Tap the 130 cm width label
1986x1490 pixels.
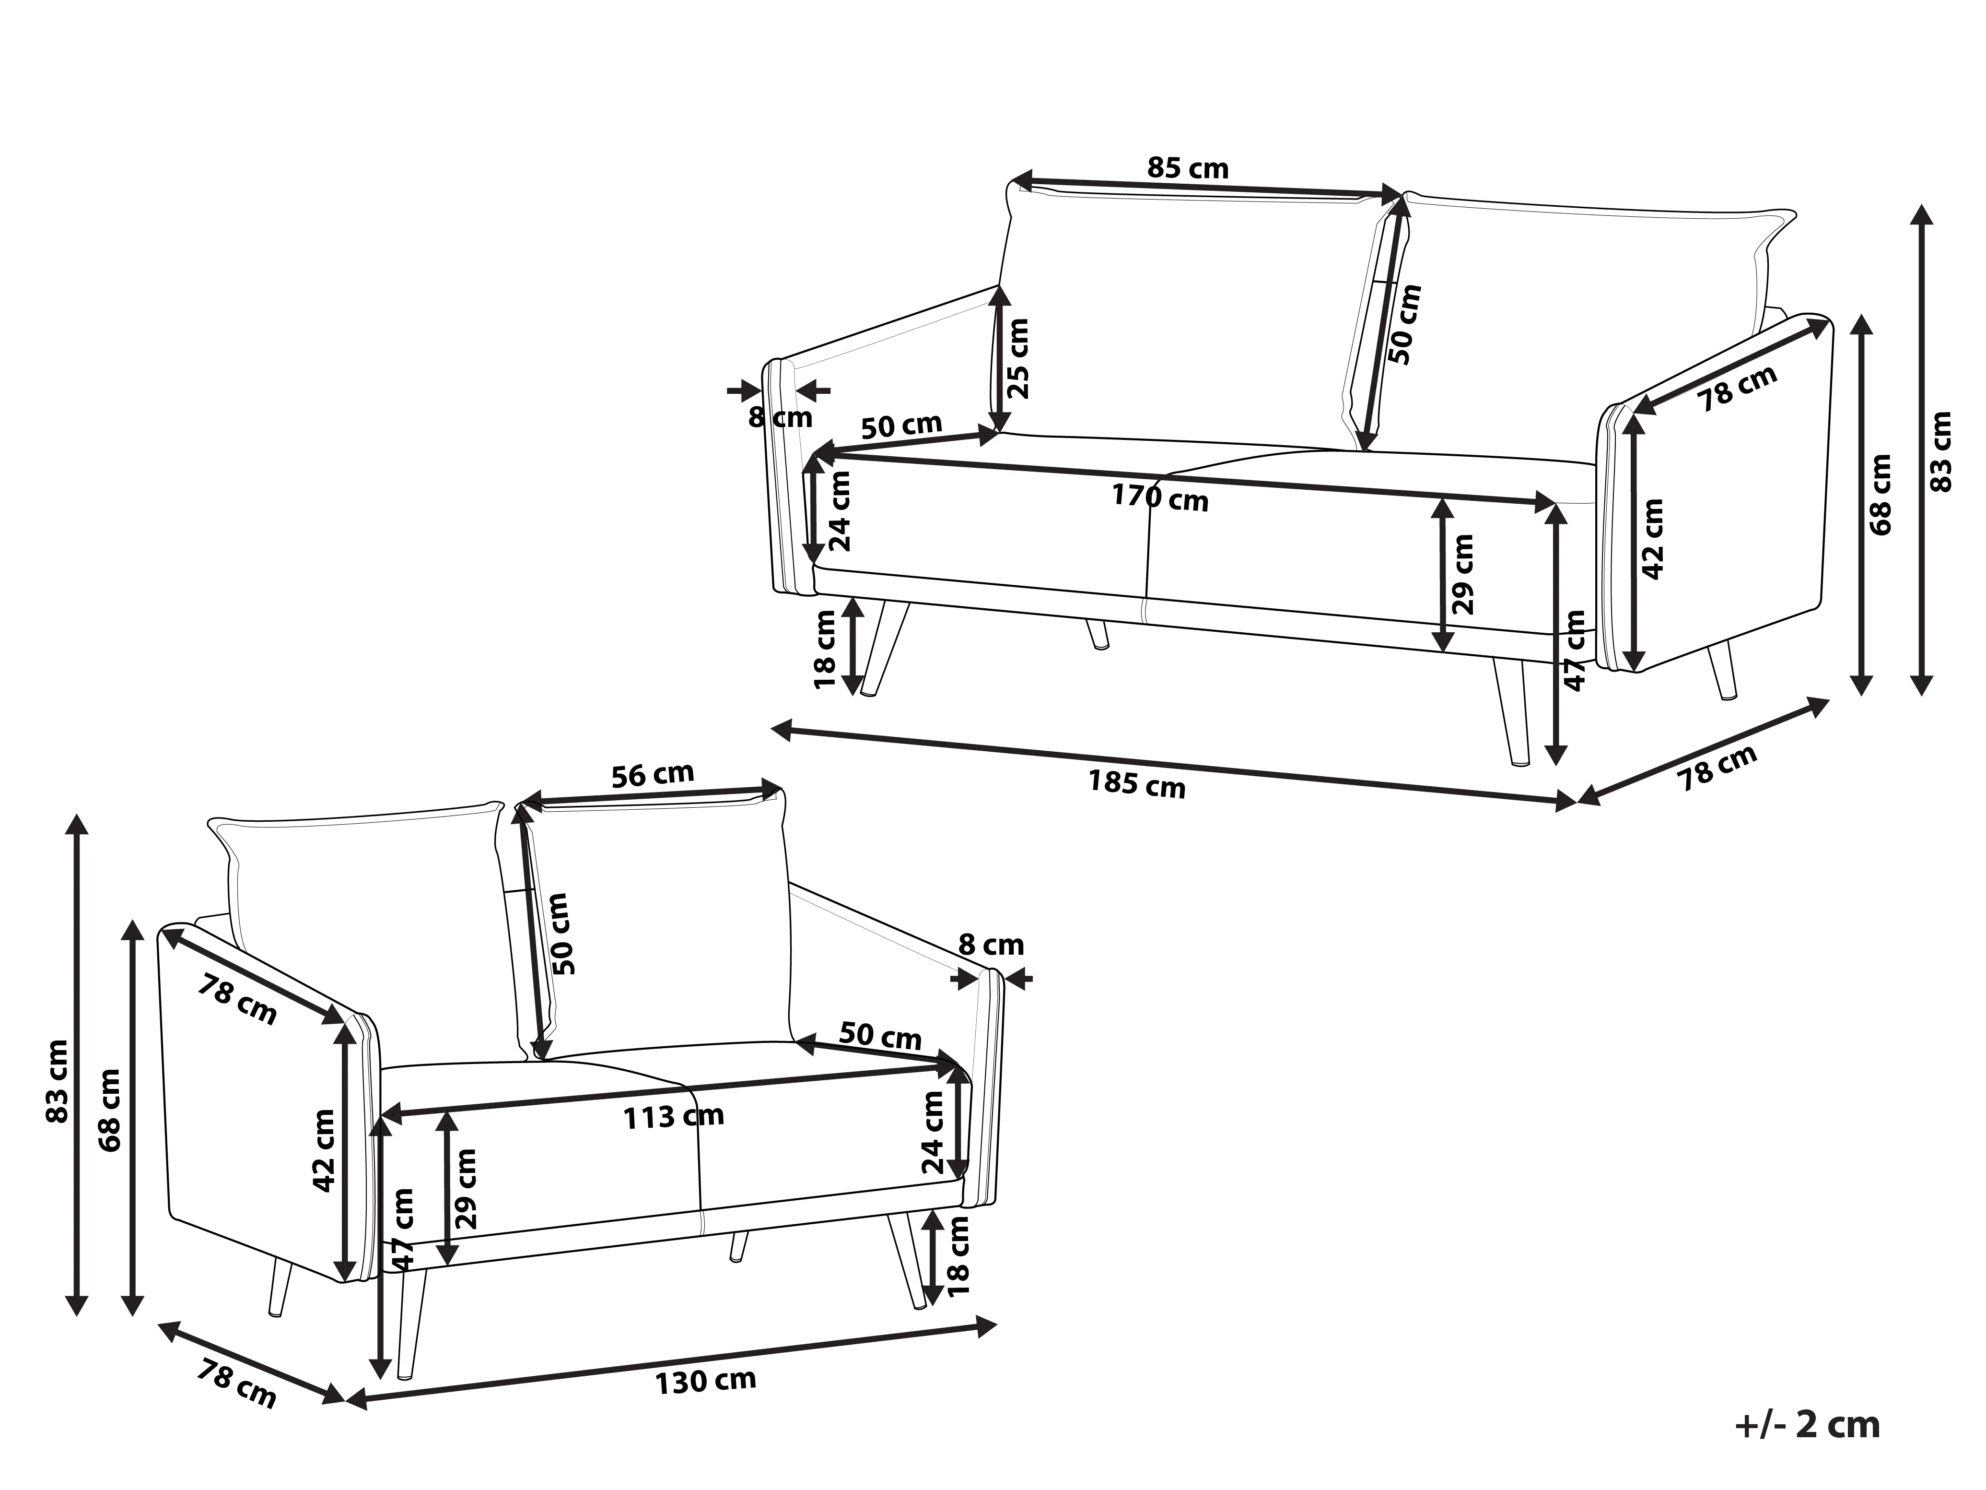(706, 1381)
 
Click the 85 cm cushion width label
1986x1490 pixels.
(1188, 168)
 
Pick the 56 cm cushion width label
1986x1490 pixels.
(653, 774)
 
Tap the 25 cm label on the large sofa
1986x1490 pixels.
(1018, 358)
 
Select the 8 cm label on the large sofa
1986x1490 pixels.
(780, 418)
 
